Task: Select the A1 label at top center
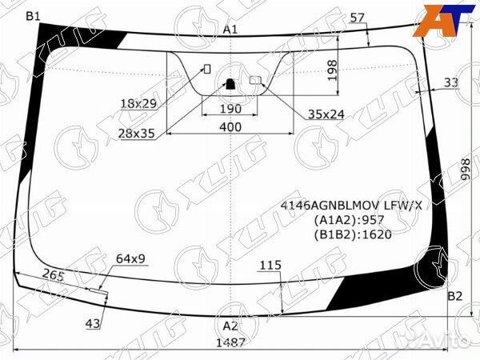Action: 230,30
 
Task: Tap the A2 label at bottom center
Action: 230,326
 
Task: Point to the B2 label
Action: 454,296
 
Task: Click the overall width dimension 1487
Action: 230,342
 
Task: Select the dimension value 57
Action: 358,18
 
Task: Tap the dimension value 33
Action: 450,82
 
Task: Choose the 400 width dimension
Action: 230,127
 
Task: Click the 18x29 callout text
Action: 138,104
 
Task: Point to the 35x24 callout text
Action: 326,114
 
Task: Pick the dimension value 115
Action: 270,265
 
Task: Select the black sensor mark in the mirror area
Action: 230,82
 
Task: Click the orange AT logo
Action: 442,18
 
